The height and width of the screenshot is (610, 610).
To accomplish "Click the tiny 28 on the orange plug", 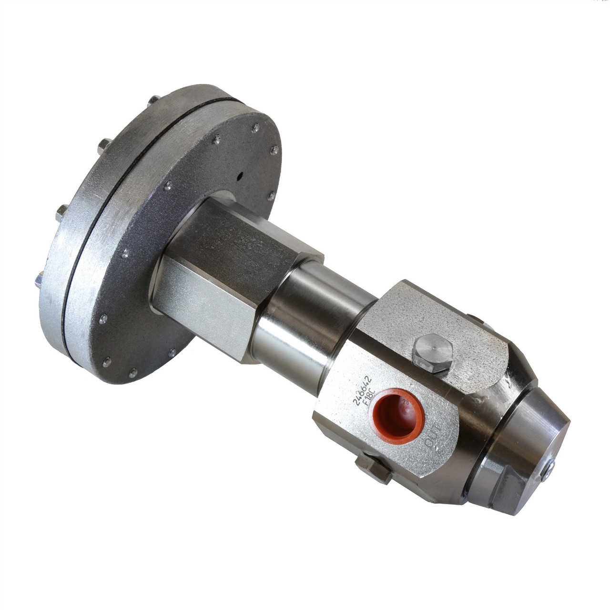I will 407,401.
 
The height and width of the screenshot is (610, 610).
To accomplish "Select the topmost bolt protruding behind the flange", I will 153,100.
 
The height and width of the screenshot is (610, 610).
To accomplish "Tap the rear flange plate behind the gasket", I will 62,238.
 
